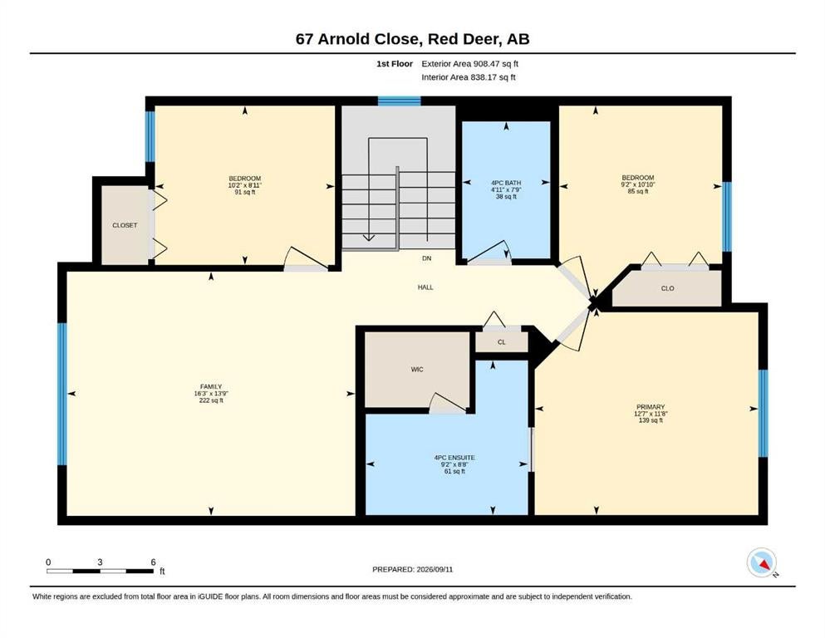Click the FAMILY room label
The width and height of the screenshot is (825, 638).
click(x=211, y=386)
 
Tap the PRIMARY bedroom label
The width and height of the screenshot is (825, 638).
click(x=651, y=407)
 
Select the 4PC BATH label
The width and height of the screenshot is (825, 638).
click(x=506, y=183)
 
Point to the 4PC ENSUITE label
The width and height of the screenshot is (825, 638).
click(x=454, y=458)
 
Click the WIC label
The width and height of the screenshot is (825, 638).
click(x=417, y=370)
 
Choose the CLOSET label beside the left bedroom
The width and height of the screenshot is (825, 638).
click(x=125, y=225)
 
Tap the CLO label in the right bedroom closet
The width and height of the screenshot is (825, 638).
click(x=668, y=289)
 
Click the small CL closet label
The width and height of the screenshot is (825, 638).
click(x=502, y=342)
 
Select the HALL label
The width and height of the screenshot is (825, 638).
click(x=425, y=287)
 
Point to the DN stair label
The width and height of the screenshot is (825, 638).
click(x=427, y=259)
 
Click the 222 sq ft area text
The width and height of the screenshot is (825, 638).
click(x=211, y=400)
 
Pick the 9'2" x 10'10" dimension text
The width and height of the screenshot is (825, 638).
click(x=638, y=184)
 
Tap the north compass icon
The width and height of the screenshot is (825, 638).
click(x=762, y=562)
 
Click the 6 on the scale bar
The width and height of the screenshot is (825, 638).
click(x=153, y=562)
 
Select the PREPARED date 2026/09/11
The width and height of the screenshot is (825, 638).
click(x=435, y=569)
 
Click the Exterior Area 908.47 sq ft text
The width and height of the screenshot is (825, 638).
click(x=470, y=64)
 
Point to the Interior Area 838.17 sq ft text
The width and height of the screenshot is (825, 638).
click(x=469, y=77)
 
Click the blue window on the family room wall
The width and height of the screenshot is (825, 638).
click(x=62, y=394)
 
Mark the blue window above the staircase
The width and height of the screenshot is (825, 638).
click(x=400, y=101)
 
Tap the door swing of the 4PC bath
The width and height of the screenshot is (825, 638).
click(x=489, y=252)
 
